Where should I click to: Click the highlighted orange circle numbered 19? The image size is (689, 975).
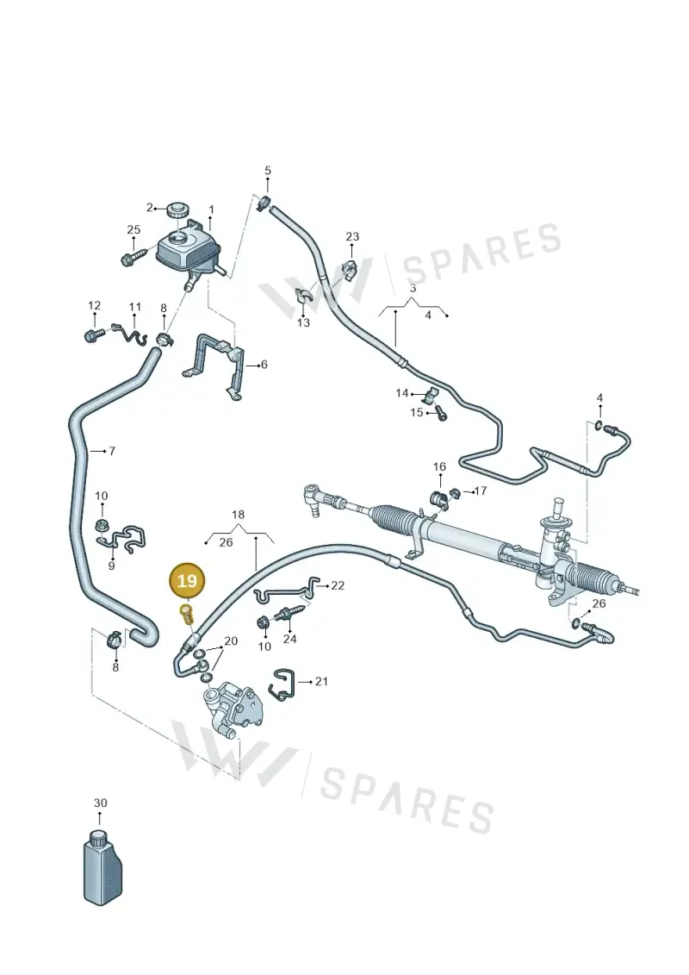click(x=187, y=581)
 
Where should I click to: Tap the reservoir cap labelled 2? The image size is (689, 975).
click(x=179, y=209)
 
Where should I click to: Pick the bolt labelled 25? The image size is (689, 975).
click(x=133, y=258)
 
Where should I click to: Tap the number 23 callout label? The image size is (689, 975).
click(x=352, y=236)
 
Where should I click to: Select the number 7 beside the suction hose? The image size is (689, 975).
click(x=112, y=451)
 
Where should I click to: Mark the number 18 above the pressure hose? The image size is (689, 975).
click(x=238, y=515)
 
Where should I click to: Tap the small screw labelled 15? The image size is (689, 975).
click(x=440, y=412)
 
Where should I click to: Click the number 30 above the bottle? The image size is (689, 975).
click(x=100, y=803)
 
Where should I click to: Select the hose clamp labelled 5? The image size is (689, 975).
click(x=264, y=202)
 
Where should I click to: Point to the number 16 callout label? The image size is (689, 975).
click(x=439, y=466)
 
